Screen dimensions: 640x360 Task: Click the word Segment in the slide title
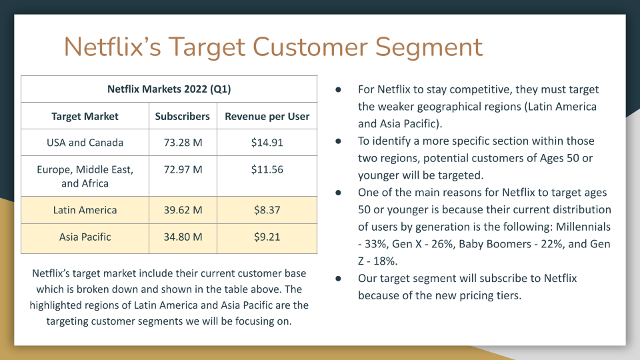click(x=429, y=47)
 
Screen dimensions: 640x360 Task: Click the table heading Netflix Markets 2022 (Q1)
click(x=169, y=89)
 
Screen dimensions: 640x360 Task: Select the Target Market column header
click(x=85, y=116)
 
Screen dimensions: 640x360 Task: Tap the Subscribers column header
click(x=183, y=116)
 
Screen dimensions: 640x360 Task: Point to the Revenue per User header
click(x=267, y=116)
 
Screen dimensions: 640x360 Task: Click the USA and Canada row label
click(x=85, y=143)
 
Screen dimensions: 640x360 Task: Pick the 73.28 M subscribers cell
click(x=183, y=143)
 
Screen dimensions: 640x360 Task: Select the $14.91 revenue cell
click(x=267, y=143)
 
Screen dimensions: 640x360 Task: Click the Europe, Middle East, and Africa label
click(x=85, y=176)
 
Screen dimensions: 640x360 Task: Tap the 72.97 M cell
click(x=183, y=169)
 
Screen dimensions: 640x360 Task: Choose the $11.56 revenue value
click(x=267, y=169)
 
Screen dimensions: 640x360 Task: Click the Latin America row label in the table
click(x=85, y=210)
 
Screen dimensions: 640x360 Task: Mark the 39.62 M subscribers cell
click(x=183, y=210)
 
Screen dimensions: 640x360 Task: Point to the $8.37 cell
click(x=267, y=210)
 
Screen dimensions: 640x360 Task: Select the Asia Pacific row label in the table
click(x=85, y=237)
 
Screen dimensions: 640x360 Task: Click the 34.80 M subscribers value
click(x=183, y=237)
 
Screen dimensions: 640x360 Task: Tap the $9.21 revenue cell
click(x=267, y=237)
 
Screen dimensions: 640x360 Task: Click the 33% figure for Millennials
click(x=375, y=244)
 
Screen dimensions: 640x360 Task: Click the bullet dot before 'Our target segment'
click(x=339, y=279)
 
